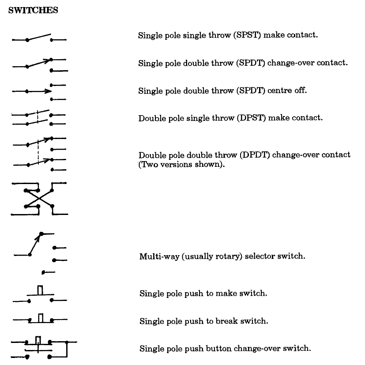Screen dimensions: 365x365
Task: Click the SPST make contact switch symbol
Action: (x=39, y=38)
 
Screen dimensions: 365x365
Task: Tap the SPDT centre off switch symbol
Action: (x=39, y=91)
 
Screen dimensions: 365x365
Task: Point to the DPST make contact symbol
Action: (x=39, y=117)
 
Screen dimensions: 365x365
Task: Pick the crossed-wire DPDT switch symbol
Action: (x=39, y=198)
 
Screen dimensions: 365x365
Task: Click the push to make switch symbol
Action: (x=40, y=294)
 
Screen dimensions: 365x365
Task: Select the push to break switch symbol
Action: (x=40, y=318)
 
